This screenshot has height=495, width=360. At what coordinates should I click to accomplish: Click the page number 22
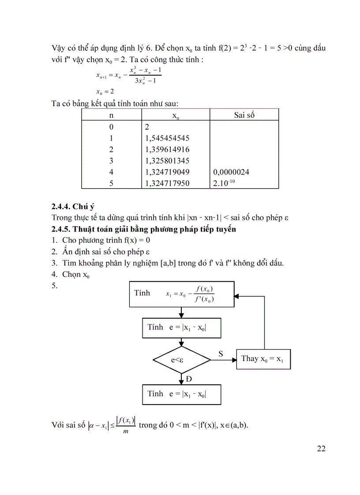tap(321, 449)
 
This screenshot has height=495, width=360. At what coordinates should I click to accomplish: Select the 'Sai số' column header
tap(244, 115)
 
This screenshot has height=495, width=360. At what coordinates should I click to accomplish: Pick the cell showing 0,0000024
tap(232, 172)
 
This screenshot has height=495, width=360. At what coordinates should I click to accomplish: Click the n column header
tap(111, 115)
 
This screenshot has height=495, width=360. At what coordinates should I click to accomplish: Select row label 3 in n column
tap(111, 160)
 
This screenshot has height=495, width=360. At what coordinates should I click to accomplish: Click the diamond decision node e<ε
tap(182, 360)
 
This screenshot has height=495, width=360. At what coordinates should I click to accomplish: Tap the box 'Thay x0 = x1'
tap(263, 359)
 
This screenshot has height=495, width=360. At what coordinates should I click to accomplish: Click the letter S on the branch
tap(221, 354)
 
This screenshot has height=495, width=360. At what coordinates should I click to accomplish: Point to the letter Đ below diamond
tap(189, 379)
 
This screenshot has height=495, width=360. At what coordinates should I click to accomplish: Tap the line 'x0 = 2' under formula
tap(105, 92)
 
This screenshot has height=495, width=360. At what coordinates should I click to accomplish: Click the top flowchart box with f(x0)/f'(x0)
tap(182, 294)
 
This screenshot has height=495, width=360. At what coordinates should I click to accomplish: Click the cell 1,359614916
tap(167, 149)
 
